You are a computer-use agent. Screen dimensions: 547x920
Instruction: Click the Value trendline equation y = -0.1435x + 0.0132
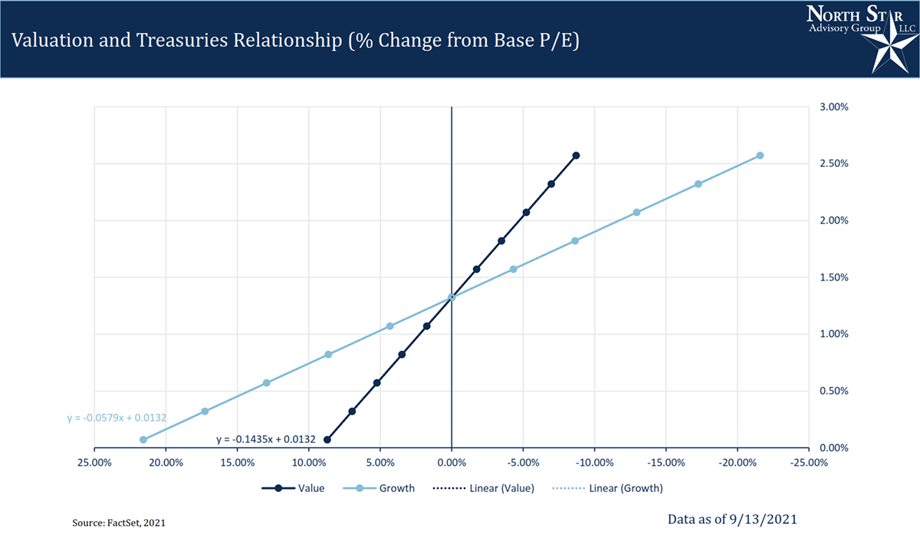[265, 440]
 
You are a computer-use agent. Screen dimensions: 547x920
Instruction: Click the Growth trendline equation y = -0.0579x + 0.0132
[117, 418]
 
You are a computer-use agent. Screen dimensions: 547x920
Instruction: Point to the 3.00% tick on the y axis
[833, 107]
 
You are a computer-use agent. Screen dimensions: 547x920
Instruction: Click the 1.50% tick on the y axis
[833, 277]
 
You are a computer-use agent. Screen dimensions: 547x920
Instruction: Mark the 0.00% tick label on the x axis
[452, 463]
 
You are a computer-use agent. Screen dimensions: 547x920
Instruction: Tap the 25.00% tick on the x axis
[94, 463]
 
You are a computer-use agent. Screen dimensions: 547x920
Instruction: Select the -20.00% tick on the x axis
[737, 463]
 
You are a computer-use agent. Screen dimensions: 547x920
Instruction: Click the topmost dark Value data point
[576, 156]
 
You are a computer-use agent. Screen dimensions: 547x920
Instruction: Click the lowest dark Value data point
[327, 440]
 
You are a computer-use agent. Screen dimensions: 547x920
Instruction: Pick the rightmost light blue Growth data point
[760, 156]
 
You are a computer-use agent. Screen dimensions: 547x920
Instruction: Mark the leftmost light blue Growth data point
[143, 440]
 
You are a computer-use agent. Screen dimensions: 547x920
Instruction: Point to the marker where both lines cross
[452, 297]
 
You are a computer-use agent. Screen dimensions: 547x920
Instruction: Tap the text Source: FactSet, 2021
[119, 522]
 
